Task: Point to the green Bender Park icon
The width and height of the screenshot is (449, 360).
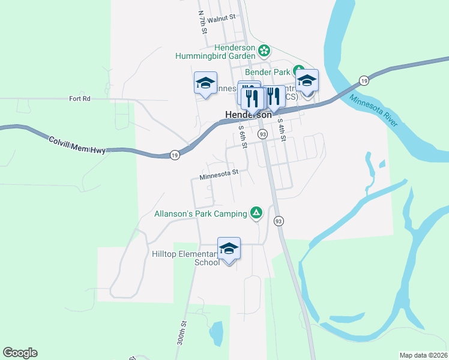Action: coord(298,69)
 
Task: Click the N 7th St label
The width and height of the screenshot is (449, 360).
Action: coord(202,21)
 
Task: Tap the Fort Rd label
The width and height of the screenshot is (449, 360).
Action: coord(79,98)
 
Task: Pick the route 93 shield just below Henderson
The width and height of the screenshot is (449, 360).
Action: coord(262,134)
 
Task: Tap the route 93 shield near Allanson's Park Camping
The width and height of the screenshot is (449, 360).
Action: coord(278,221)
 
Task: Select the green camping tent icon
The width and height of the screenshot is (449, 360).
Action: coord(256,212)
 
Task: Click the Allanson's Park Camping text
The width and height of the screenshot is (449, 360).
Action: coord(200,213)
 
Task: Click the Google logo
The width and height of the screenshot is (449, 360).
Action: coord(20,353)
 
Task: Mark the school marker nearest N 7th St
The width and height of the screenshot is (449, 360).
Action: coord(205,83)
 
